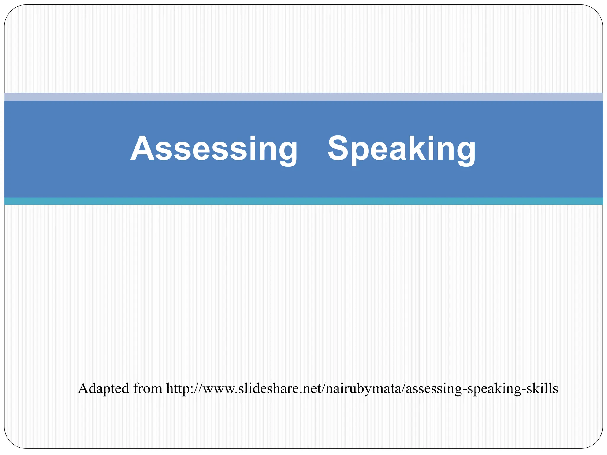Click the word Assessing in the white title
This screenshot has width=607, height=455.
tap(214, 148)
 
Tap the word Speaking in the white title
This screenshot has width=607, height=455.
tap(401, 148)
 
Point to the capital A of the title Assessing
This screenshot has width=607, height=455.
tap(143, 148)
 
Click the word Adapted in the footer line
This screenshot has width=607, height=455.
tap(103, 389)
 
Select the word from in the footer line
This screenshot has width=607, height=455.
tap(148, 389)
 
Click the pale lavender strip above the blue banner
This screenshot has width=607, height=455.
tap(303, 97)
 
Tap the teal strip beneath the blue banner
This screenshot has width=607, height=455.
tap(303, 201)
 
